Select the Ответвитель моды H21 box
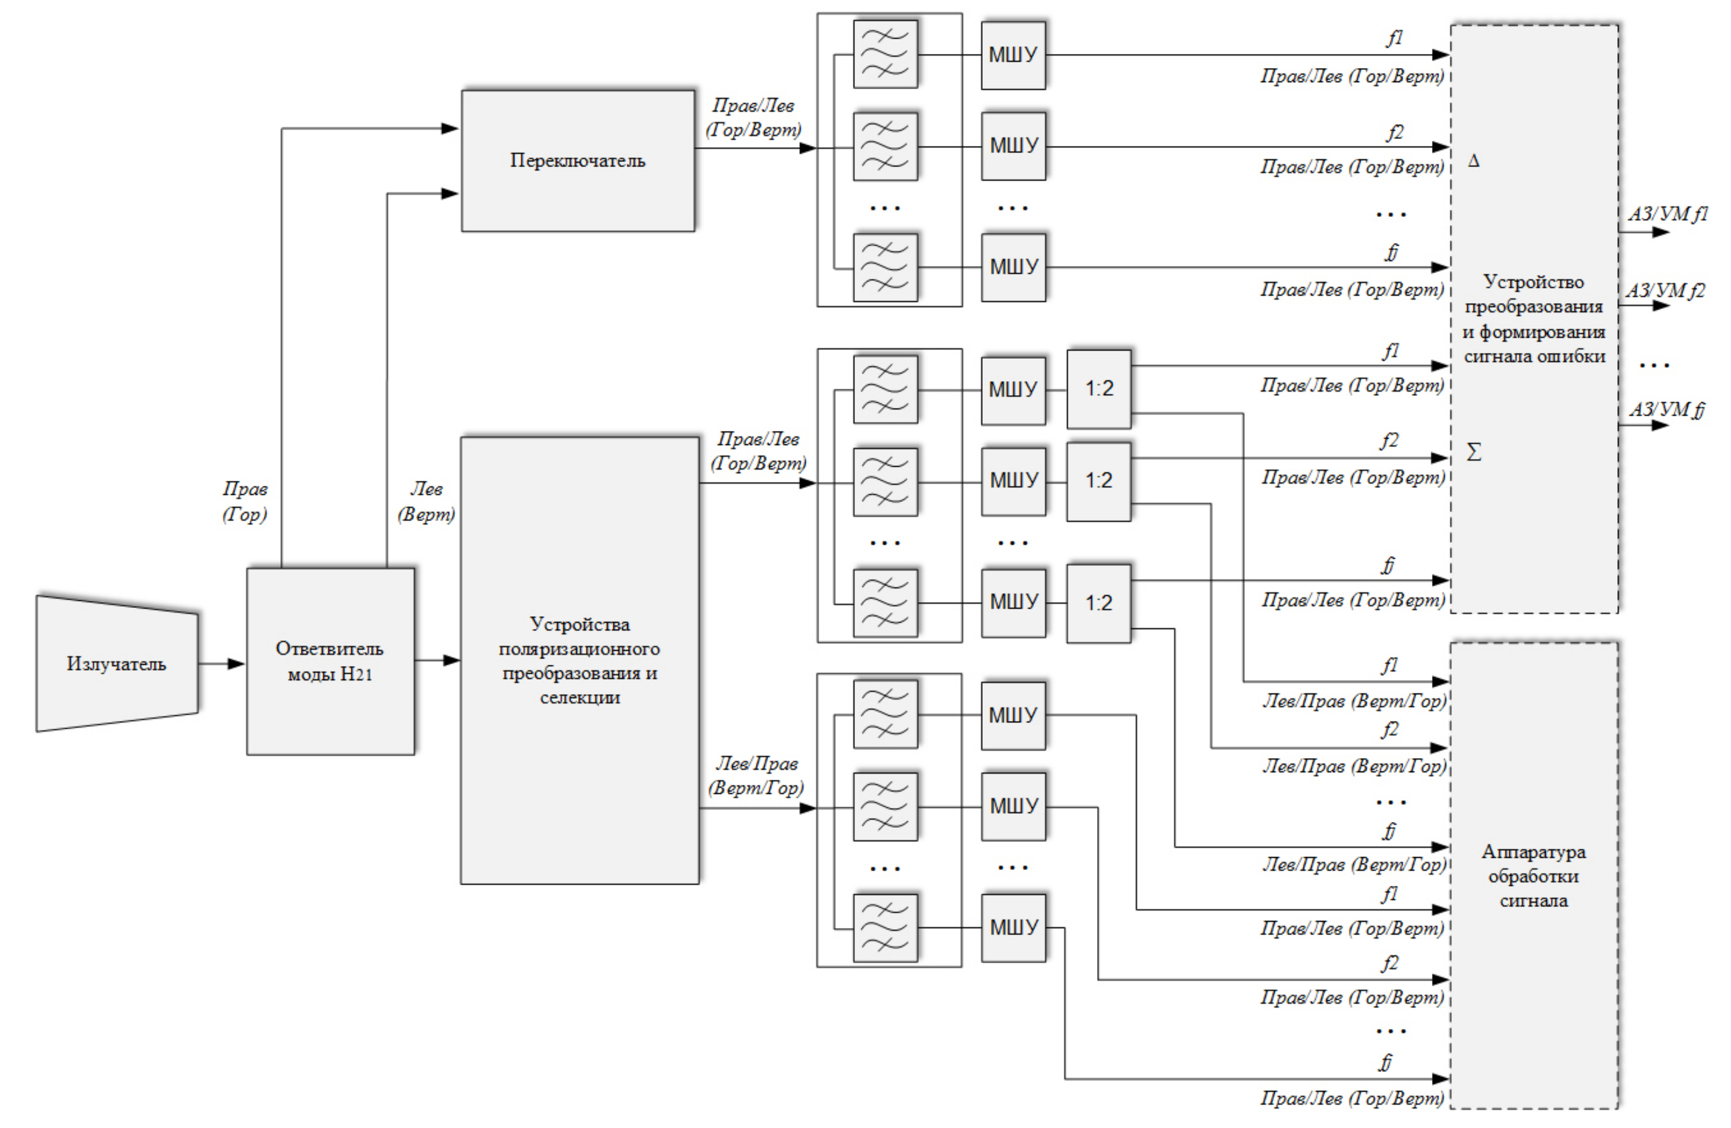click(330, 661)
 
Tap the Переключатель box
click(578, 161)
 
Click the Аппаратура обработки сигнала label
click(1533, 876)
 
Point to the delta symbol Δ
click(1474, 161)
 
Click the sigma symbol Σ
click(1474, 453)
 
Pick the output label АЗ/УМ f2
click(1665, 291)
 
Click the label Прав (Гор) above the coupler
click(245, 502)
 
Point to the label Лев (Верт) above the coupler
click(426, 502)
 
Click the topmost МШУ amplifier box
click(1013, 55)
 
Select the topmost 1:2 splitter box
click(1099, 389)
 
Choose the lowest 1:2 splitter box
click(1099, 603)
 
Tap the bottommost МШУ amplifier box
click(1013, 928)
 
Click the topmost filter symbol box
click(885, 55)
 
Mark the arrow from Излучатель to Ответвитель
click(222, 663)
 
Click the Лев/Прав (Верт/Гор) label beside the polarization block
click(756, 775)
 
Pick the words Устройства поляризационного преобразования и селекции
click(580, 660)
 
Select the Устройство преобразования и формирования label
click(1534, 318)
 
